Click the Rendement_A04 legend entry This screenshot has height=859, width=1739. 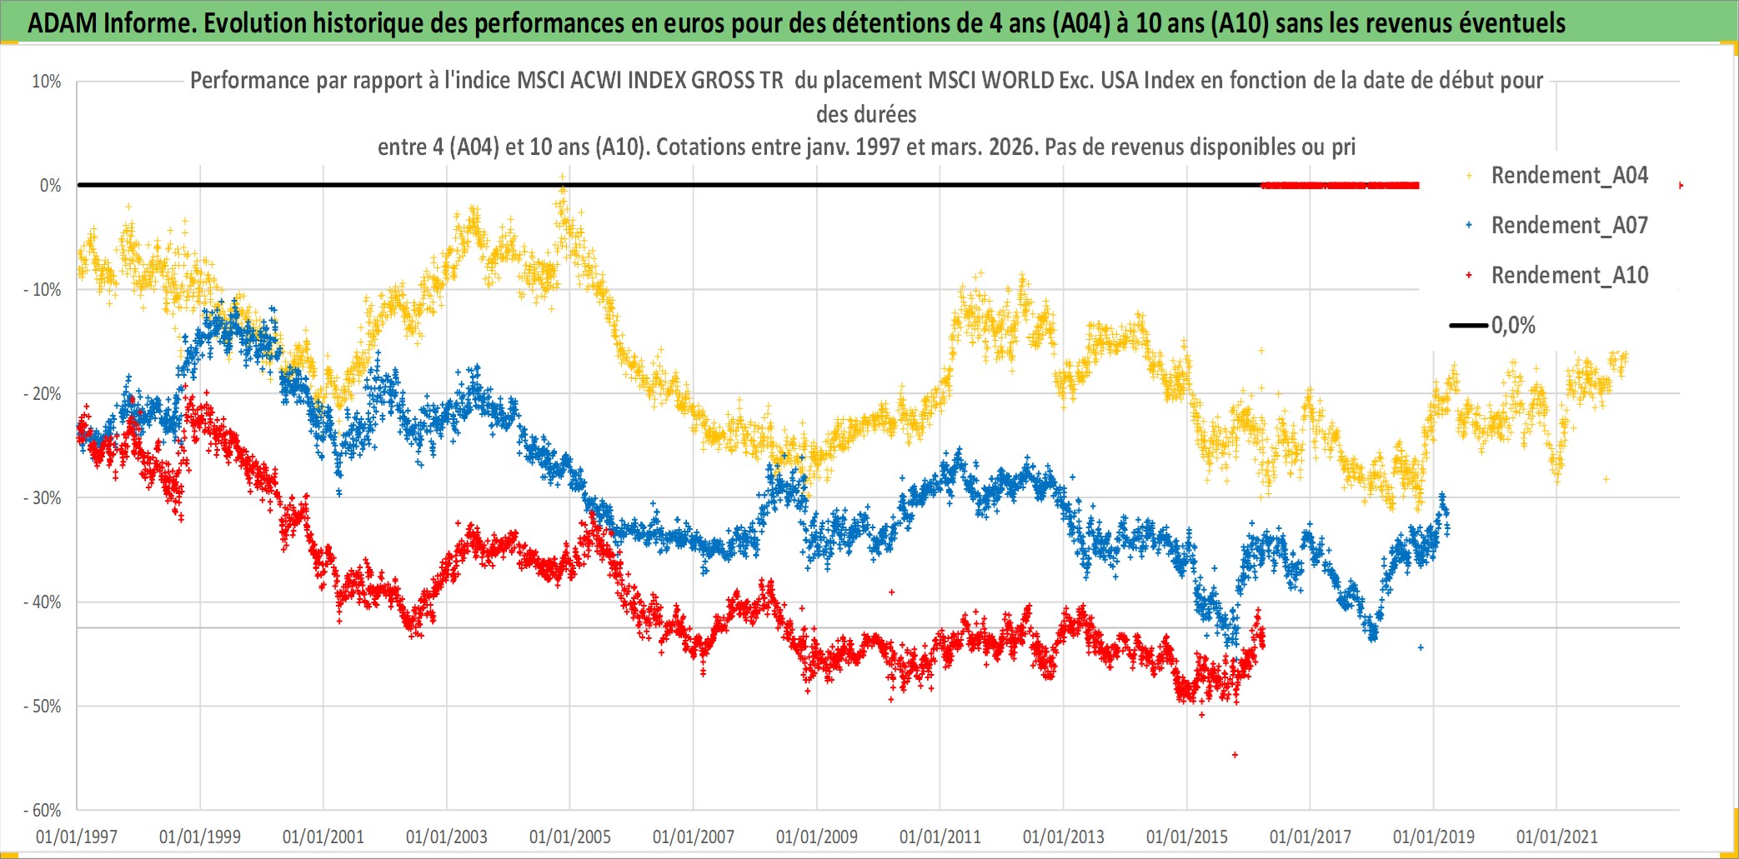(x=1569, y=176)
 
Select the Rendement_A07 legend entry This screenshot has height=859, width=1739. (x=1569, y=226)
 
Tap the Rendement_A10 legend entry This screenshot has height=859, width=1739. (x=1569, y=276)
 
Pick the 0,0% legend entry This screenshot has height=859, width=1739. (x=1512, y=326)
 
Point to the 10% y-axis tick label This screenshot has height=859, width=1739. (x=47, y=82)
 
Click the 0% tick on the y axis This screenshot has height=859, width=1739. (x=50, y=186)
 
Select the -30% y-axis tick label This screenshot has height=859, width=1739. (x=43, y=498)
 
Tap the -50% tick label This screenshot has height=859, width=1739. (x=43, y=707)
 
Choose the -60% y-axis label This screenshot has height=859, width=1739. (x=43, y=811)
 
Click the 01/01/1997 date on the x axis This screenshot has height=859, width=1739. (x=77, y=837)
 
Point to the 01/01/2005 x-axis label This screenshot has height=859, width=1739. (x=570, y=837)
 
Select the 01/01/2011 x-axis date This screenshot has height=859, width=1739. (x=940, y=837)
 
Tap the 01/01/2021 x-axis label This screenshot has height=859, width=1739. (x=1557, y=837)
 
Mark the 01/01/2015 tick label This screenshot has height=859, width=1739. (x=1187, y=837)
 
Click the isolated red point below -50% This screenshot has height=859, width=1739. (x=1235, y=755)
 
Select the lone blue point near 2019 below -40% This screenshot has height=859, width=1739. (x=1421, y=647)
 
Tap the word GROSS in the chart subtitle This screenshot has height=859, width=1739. (x=724, y=81)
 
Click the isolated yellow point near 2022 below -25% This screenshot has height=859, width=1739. (x=1606, y=479)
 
